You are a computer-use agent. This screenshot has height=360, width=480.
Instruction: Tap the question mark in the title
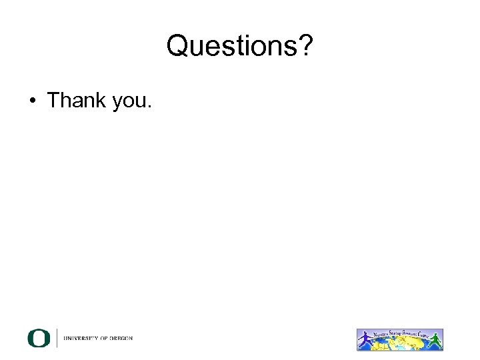coord(305,47)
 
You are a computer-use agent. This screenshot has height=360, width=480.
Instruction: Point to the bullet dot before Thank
coord(32,101)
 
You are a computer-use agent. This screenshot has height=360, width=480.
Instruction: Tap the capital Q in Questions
coord(178,47)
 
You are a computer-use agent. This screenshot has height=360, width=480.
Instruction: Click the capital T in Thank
coord(53,100)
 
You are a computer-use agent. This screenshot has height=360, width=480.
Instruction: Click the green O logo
coord(39,339)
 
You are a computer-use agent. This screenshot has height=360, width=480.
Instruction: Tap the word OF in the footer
coord(107,339)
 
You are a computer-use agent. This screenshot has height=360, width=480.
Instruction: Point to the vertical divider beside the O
coord(57,339)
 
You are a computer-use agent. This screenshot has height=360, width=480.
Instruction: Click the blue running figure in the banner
coord(365,341)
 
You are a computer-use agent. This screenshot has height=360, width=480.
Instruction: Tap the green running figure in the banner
coord(435,340)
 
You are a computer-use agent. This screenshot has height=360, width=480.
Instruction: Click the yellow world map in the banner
coord(400,342)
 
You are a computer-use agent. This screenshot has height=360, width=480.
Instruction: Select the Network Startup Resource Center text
coord(400,333)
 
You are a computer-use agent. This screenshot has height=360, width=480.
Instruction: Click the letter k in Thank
coord(99,100)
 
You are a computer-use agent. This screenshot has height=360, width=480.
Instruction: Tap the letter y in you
coord(114,103)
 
